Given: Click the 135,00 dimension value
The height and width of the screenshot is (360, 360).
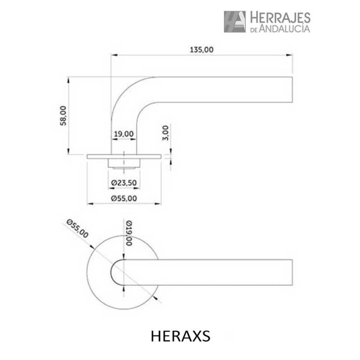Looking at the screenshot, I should pos(201,50).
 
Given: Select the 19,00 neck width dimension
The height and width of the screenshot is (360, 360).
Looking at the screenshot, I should pos(124,134).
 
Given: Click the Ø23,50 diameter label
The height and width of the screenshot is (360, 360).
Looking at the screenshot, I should pos(124,183).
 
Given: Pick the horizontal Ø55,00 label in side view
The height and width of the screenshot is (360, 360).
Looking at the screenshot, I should pos(124,198).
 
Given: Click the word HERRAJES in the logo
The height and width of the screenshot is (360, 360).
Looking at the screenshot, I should pos(279,18).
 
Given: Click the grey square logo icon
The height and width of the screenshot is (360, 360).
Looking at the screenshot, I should pos(235,22).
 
